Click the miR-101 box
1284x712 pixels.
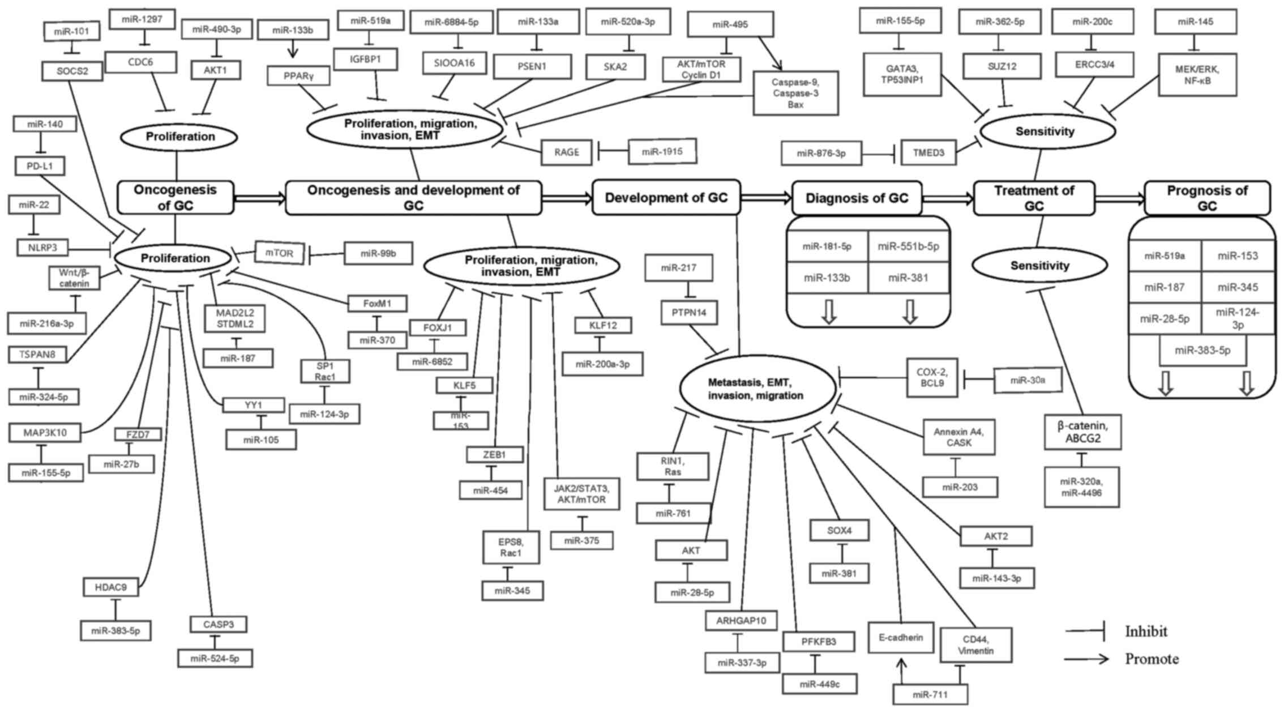(x=72, y=31)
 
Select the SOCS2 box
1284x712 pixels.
(x=72, y=71)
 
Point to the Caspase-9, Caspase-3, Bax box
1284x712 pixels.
(x=795, y=93)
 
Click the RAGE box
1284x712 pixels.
(x=567, y=152)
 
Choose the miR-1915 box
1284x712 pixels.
(x=662, y=152)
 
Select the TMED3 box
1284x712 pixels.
(x=928, y=152)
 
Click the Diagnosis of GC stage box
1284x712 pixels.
(x=857, y=198)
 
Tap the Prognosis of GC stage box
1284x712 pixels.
(x=1207, y=198)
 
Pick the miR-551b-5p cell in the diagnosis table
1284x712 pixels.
(x=908, y=246)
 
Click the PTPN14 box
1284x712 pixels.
(x=689, y=313)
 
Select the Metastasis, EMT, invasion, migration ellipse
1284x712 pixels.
(x=757, y=389)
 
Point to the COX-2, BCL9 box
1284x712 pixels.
(x=931, y=377)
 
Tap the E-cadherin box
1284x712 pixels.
(x=900, y=638)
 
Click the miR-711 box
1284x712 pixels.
(x=930, y=694)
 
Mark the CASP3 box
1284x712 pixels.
(x=218, y=625)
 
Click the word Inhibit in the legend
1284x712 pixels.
(x=1146, y=631)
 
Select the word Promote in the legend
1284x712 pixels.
(x=1152, y=659)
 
